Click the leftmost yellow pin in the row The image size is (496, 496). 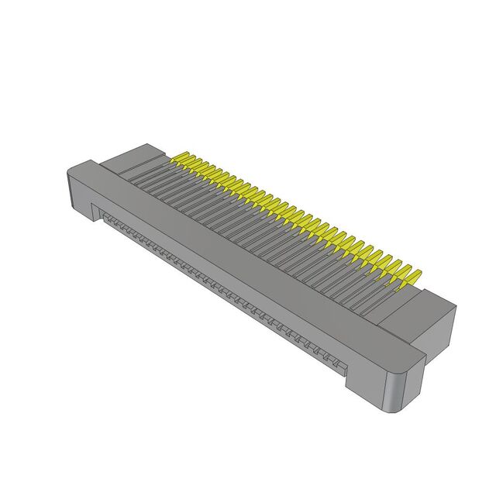[x=184, y=160]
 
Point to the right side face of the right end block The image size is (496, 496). [x=439, y=322]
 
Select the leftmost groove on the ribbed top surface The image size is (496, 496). [x=155, y=171]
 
